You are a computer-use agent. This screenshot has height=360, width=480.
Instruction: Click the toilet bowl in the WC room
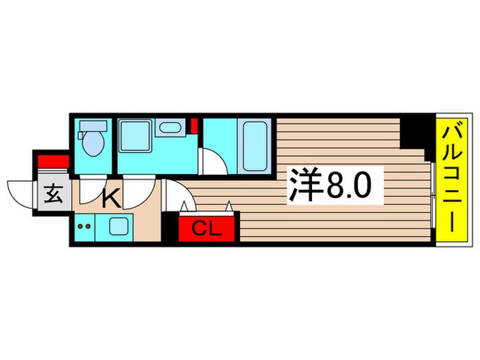point(91,144)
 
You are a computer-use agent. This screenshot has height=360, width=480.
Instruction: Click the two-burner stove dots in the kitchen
point(84,225)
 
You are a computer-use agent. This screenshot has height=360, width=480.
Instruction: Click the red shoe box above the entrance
point(52,162)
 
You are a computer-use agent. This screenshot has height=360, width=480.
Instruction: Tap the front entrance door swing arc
point(21,191)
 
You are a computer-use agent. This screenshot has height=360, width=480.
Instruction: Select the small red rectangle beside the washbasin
point(194,126)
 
